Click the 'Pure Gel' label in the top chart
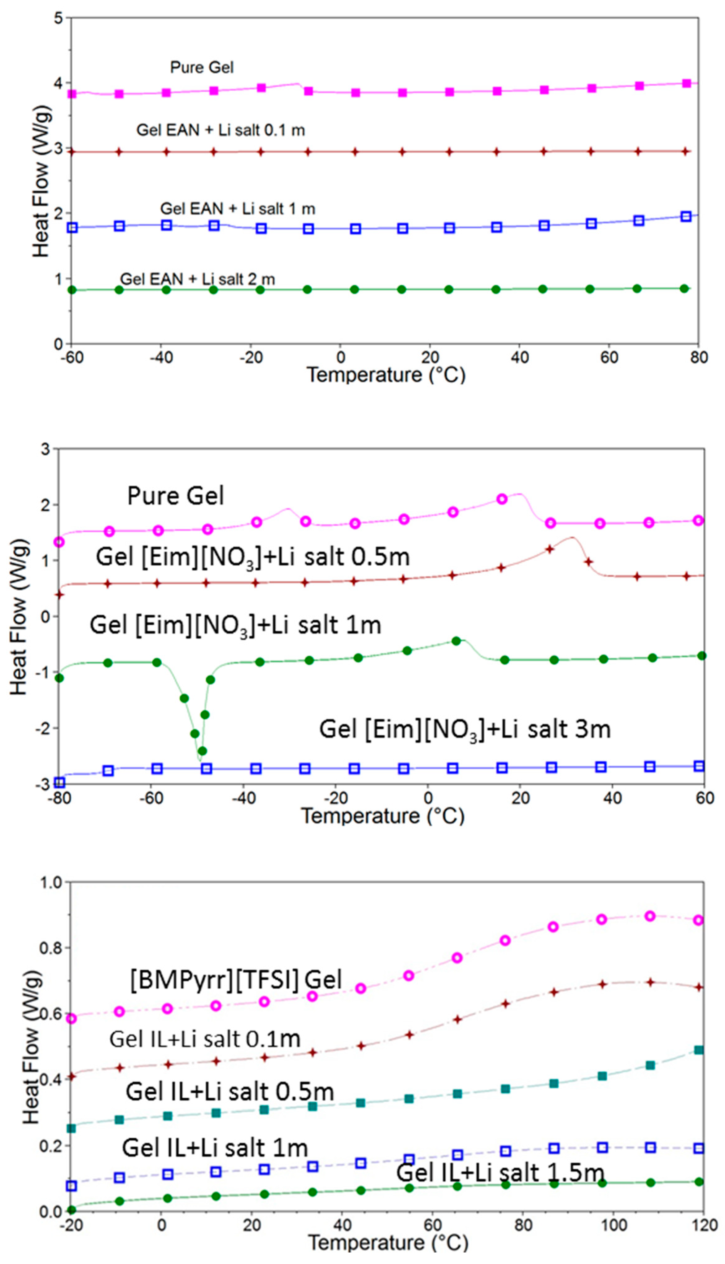point(202,67)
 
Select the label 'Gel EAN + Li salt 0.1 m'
point(221,130)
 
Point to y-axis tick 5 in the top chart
point(59,18)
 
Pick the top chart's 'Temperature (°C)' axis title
point(386,375)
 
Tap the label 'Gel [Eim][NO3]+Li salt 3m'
point(465,730)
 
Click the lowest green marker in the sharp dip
point(202,751)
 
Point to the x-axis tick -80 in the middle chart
point(59,798)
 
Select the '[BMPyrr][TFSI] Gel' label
point(236,980)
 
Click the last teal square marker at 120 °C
point(699,1050)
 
